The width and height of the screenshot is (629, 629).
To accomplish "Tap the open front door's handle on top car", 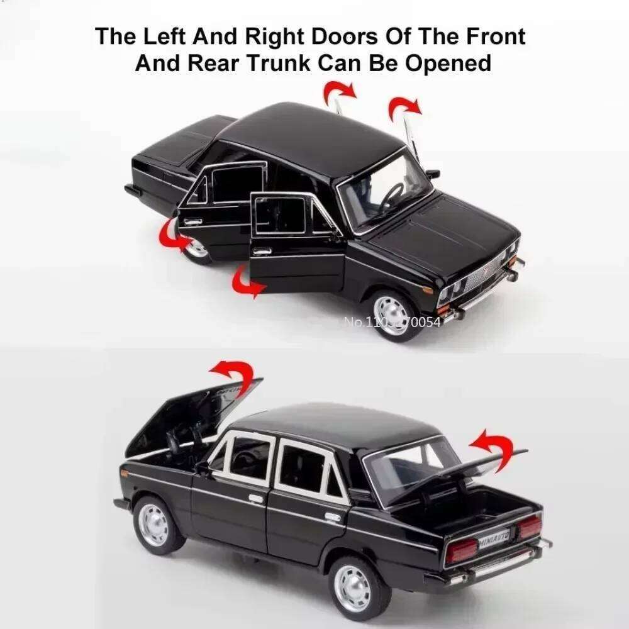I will (x=263, y=251).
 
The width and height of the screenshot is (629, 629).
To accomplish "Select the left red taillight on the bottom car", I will (x=462, y=550).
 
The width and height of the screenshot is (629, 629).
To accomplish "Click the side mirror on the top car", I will (x=432, y=174).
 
